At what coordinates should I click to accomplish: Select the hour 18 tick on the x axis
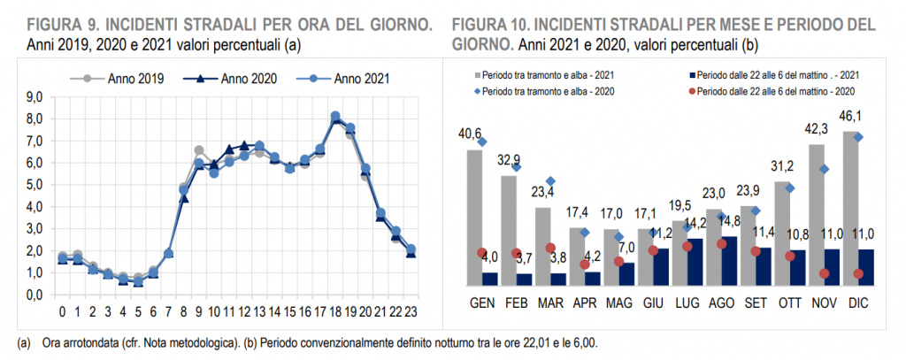(335, 311)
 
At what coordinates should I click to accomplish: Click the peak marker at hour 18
(335, 116)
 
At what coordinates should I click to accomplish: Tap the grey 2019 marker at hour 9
(199, 150)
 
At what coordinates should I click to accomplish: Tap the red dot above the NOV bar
(825, 273)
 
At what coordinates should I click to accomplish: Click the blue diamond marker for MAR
(549, 181)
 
